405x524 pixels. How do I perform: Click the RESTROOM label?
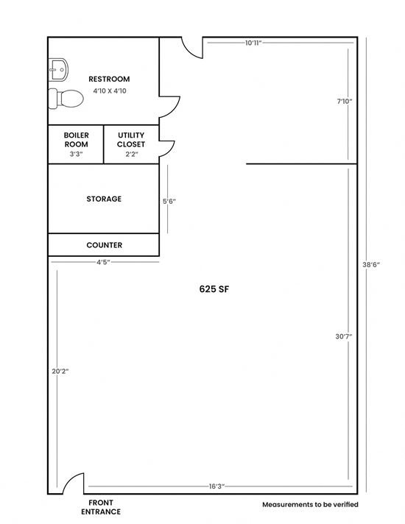pyautogui.click(x=109, y=79)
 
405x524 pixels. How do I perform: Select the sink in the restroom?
pyautogui.click(x=58, y=69)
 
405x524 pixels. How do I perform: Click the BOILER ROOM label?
pyautogui.click(x=77, y=140)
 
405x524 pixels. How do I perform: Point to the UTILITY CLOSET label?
pyautogui.click(x=131, y=140)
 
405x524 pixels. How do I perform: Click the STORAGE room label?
pyautogui.click(x=104, y=199)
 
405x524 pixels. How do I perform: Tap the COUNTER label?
pyautogui.click(x=105, y=245)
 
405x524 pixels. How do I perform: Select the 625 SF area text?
pyautogui.click(x=214, y=289)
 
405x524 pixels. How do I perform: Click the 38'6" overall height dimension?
pyautogui.click(x=371, y=265)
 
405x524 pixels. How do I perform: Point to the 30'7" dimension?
pyautogui.click(x=344, y=336)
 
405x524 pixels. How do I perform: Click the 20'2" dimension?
pyautogui.click(x=60, y=371)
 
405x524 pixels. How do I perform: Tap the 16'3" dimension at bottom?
pyautogui.click(x=216, y=486)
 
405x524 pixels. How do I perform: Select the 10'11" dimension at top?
pyautogui.click(x=253, y=43)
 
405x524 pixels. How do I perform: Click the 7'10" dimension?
pyautogui.click(x=345, y=102)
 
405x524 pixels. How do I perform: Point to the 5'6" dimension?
pyautogui.click(x=169, y=201)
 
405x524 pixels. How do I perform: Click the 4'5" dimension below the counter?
pyautogui.click(x=103, y=262)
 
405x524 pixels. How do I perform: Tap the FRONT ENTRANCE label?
pyautogui.click(x=101, y=507)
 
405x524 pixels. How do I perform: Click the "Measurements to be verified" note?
pyautogui.click(x=310, y=505)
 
